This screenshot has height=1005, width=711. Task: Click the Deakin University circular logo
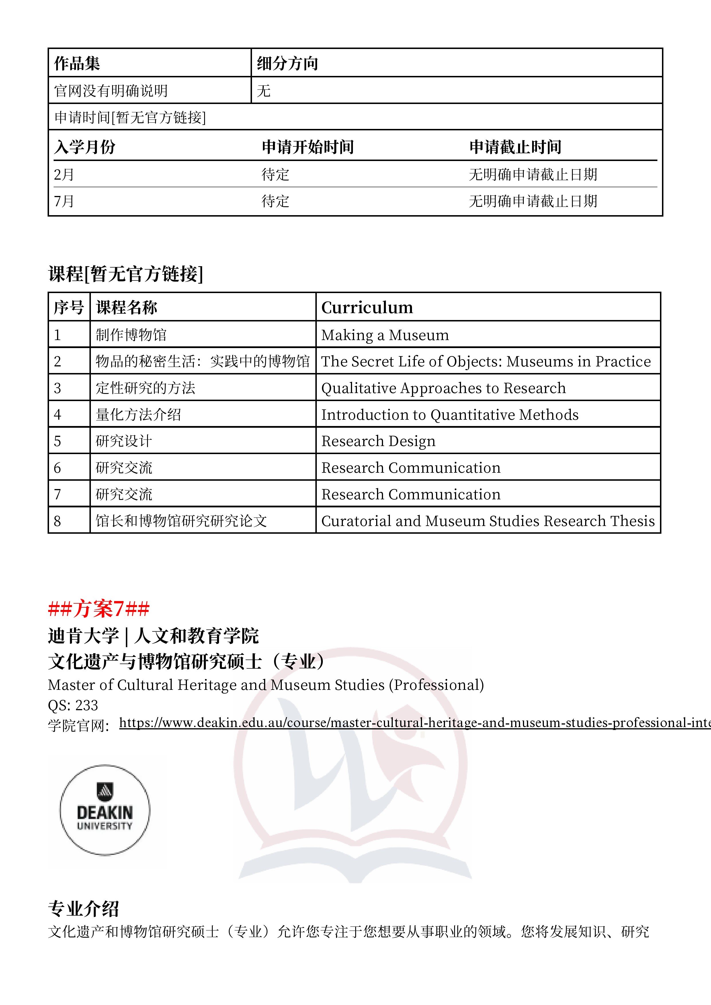coord(105,810)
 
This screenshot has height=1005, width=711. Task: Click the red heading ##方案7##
coord(99,609)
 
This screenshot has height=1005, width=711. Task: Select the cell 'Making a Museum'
coord(385,335)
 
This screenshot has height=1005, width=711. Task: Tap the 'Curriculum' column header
coord(367,307)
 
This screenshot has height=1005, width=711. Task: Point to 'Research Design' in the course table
coord(378,441)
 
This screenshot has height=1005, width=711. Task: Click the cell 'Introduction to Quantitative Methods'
coord(450,415)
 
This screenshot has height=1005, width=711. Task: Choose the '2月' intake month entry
coord(64,175)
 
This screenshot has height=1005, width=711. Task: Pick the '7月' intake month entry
coord(64,201)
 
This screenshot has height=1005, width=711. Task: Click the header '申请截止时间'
coord(515,147)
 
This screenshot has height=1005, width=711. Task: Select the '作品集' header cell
coord(77,64)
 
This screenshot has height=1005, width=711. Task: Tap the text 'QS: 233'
coord(73,705)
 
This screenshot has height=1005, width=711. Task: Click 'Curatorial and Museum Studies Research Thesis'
coord(488,521)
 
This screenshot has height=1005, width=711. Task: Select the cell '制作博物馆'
coord(131,335)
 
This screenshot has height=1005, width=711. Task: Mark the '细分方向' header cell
coord(287,64)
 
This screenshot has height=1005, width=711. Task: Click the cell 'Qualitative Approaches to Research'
coord(443,388)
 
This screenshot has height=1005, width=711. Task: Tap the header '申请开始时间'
coord(308,147)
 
